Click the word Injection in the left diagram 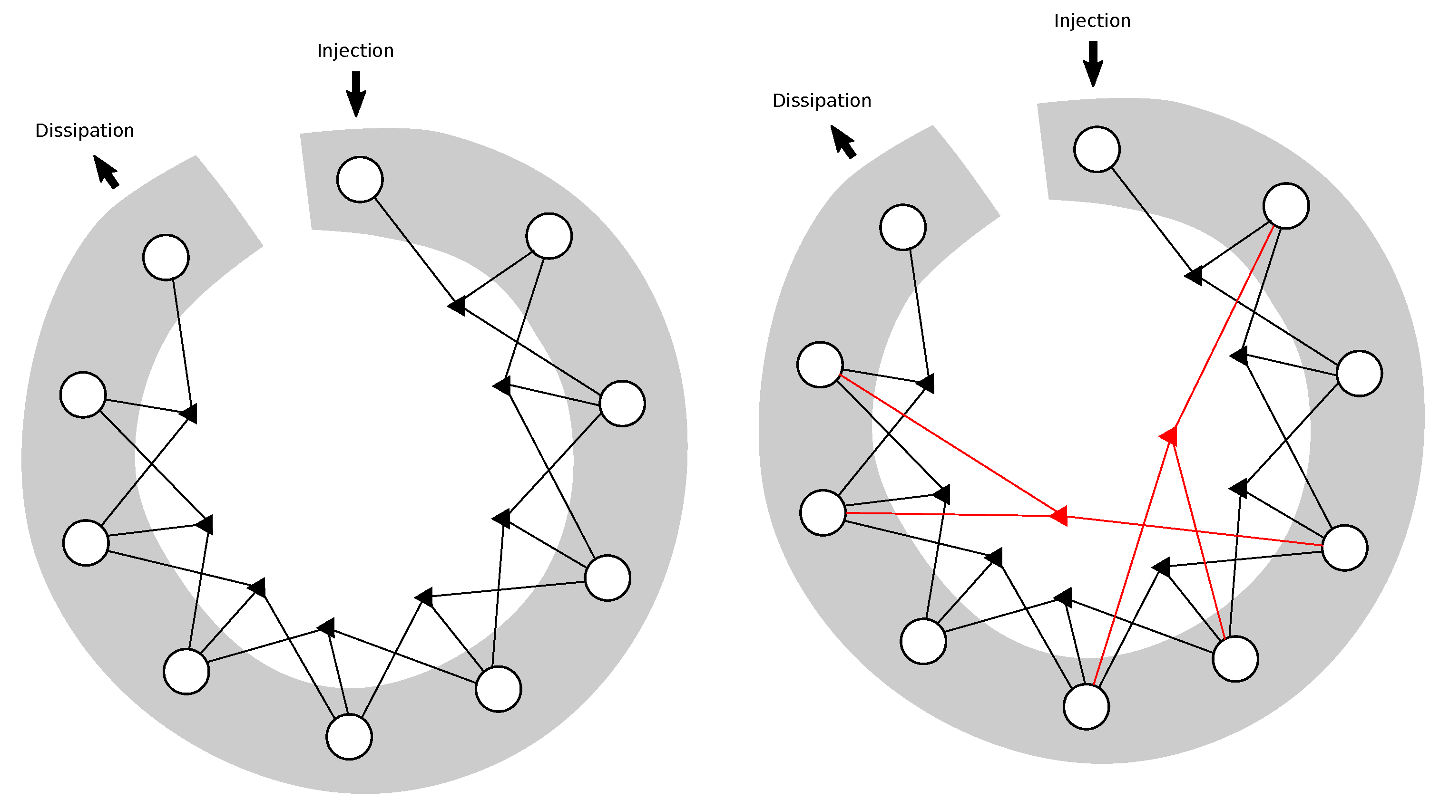coord(355,51)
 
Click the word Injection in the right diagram coord(1092,20)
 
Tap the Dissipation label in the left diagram coord(84,131)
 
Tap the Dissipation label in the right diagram coord(821,101)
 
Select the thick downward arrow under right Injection coord(1093,63)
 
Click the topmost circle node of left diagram coord(360,179)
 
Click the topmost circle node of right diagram coord(1097,149)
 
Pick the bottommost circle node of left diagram coord(349,737)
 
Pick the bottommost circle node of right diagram coord(1086,707)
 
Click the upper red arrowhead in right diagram coord(1169,436)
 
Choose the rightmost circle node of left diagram coord(622,404)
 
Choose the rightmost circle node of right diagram coord(1360,373)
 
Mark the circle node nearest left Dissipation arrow coord(166,257)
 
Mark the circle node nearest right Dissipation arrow coord(903,227)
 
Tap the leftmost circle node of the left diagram coord(83,395)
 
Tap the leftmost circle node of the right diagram coord(820,364)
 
